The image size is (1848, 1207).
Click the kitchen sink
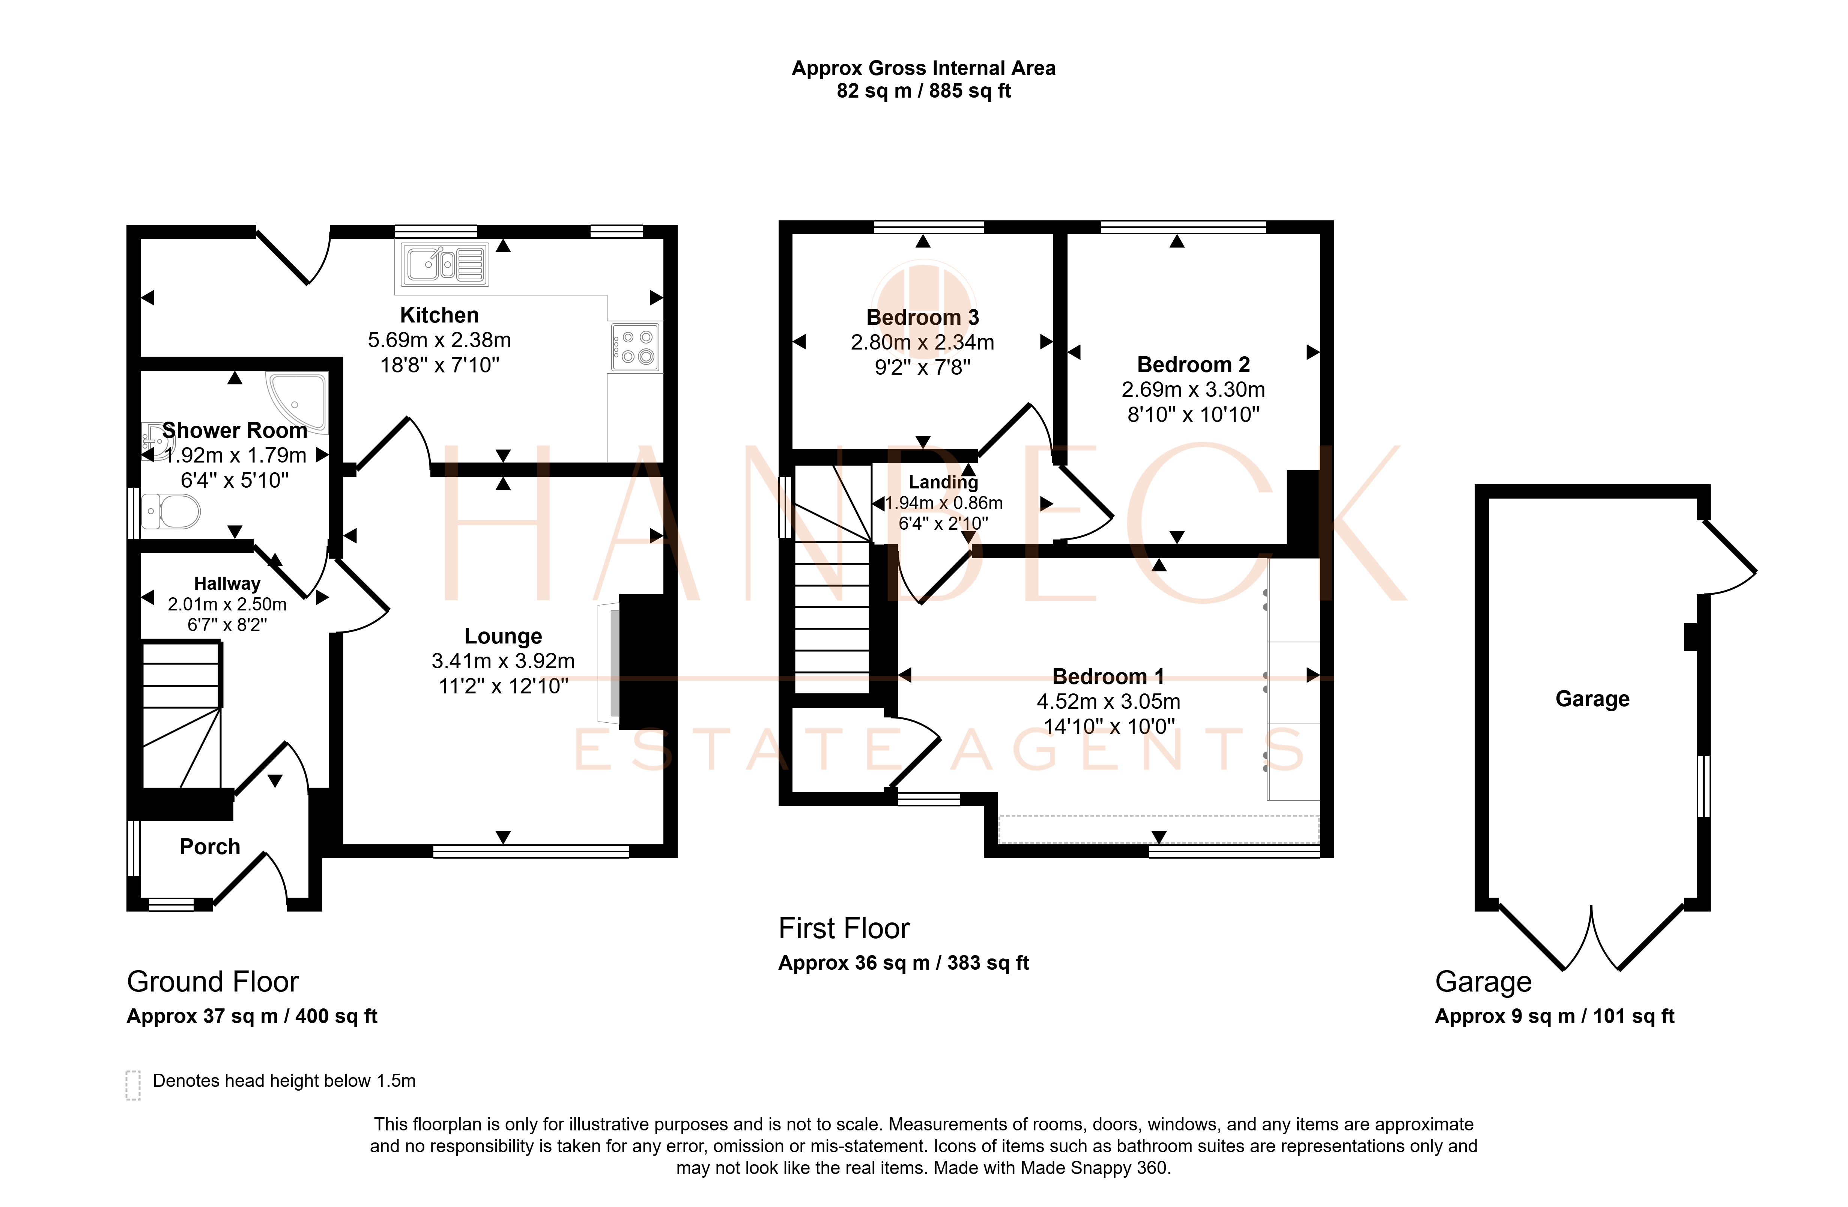(x=445, y=264)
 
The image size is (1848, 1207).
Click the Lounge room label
(x=503, y=636)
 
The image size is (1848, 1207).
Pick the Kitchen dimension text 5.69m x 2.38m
(x=439, y=340)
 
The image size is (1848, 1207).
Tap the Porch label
(x=210, y=847)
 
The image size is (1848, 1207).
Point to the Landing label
(x=943, y=482)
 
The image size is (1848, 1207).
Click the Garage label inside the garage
(x=1592, y=699)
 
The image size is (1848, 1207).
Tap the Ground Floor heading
(x=213, y=982)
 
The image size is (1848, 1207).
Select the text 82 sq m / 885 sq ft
(x=924, y=91)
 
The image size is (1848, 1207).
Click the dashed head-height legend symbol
(x=133, y=1085)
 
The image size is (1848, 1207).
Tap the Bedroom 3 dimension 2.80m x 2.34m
(x=922, y=342)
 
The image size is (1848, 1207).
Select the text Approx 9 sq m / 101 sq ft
(x=1555, y=1017)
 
